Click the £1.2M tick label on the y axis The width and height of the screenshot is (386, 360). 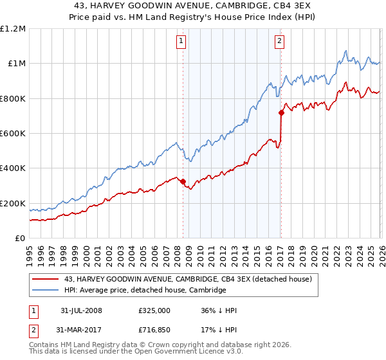click(13, 29)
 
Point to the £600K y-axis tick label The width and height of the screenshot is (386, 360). click(13, 134)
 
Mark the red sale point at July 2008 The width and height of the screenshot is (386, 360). click(183, 181)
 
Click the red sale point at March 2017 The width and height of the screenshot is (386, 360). click(281, 113)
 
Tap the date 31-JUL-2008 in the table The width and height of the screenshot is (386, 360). click(80, 310)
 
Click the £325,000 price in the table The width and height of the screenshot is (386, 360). click(154, 310)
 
